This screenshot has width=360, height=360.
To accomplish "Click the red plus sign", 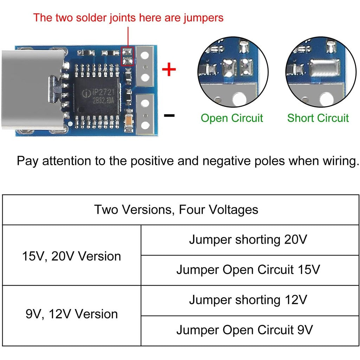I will [169, 70].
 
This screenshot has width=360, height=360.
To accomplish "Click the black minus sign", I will [169, 115].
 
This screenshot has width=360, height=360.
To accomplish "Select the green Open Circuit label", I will [232, 118].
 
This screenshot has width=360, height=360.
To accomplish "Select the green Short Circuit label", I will [318, 118].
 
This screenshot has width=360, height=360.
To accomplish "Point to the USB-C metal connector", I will [32, 90].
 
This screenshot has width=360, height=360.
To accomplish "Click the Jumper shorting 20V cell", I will [248, 240].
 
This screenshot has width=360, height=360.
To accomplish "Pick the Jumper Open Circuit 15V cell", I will [248, 270].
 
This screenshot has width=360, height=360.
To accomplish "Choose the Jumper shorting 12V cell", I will [248, 300].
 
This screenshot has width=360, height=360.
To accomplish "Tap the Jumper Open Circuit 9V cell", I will [248, 330].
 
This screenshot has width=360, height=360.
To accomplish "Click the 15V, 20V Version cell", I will [71, 256].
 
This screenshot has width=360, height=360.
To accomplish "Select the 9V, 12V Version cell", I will [71, 314].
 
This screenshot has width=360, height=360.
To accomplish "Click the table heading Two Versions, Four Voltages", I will [176, 210].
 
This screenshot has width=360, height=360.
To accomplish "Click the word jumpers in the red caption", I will [204, 18].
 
